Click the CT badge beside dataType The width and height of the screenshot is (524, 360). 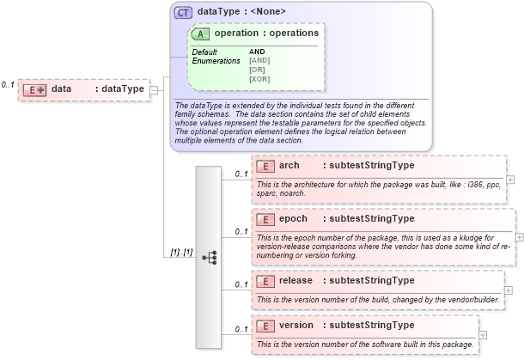tap(183, 12)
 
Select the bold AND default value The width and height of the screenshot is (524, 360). tap(257, 52)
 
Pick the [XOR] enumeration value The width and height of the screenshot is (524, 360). tap(259, 79)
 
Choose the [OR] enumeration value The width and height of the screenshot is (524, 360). tap(257, 70)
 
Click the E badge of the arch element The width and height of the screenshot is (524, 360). tap(265, 166)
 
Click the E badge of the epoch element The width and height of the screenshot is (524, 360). tap(265, 219)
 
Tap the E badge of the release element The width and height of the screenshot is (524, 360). tap(265, 281)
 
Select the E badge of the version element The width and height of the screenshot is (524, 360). tap(265, 326)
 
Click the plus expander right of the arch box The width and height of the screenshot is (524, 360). tap(511, 180)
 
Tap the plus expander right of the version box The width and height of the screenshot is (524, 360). tap(482, 334)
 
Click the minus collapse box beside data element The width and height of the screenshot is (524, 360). tap(154, 88)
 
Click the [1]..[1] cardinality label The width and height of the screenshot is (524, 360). tap(181, 253)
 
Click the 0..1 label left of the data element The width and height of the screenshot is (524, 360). tap(8, 85)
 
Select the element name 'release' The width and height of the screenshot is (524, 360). tap(296, 280)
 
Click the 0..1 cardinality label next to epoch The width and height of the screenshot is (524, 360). tap(241, 231)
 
